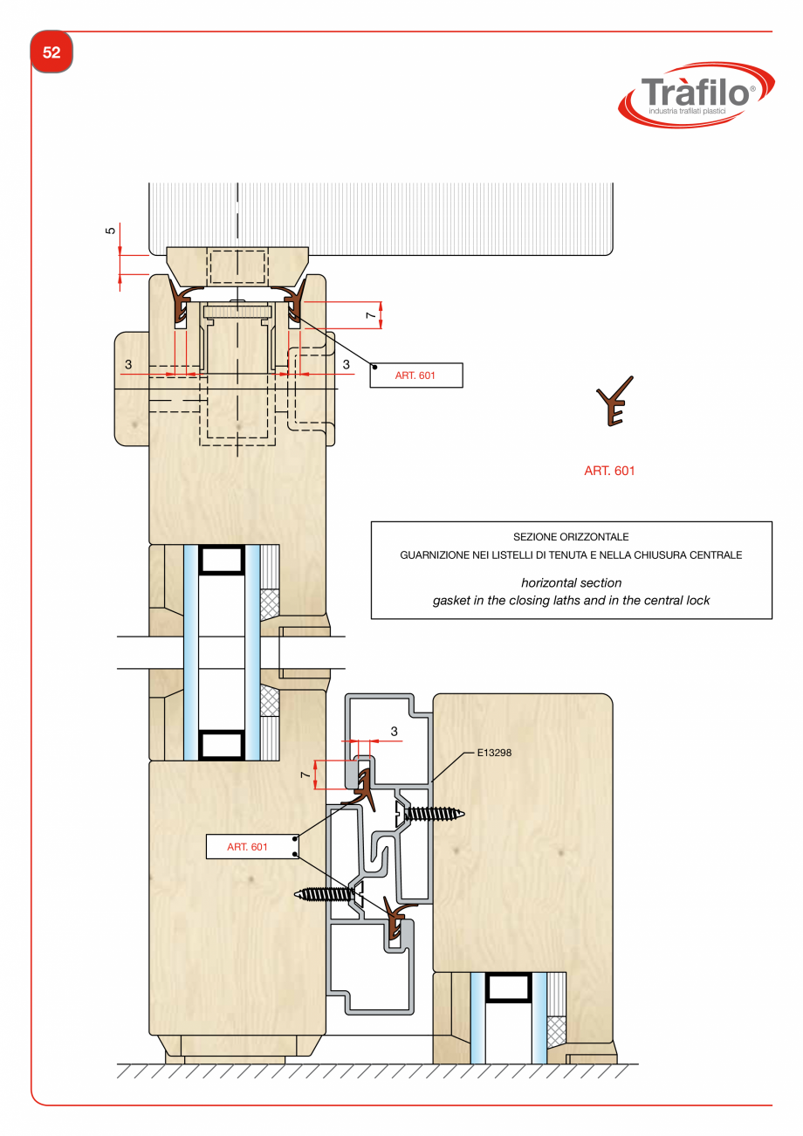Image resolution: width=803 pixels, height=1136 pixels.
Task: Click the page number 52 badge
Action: [x=51, y=52]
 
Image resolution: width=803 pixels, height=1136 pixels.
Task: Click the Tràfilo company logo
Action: [x=696, y=95]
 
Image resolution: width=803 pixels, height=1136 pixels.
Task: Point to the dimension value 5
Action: [x=110, y=231]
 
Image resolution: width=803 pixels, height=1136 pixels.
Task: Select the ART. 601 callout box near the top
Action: [x=415, y=375]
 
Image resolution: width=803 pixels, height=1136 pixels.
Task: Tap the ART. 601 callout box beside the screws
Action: [x=252, y=846]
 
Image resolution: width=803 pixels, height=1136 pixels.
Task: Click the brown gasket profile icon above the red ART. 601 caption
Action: [x=614, y=401]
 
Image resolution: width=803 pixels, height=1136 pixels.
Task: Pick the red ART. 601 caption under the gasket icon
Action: [x=609, y=471]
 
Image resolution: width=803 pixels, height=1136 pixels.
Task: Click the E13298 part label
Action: [x=494, y=753]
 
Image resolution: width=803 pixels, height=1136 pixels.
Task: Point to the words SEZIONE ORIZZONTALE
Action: [x=571, y=536]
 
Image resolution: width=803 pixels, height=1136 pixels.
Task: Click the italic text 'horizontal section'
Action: [x=572, y=582]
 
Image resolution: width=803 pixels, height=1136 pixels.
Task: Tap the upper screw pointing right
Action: [x=430, y=814]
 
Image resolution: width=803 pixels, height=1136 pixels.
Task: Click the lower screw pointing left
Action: [x=330, y=893]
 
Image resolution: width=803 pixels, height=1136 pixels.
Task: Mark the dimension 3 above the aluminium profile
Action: [x=394, y=732]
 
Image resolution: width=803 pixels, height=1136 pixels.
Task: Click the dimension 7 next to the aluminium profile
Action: [x=305, y=775]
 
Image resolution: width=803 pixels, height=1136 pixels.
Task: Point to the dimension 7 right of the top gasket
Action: [x=371, y=315]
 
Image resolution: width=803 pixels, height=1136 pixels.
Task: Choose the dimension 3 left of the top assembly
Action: [x=128, y=364]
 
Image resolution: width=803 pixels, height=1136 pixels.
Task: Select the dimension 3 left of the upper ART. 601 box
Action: [x=347, y=364]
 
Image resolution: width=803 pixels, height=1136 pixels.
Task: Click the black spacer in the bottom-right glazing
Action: [x=509, y=987]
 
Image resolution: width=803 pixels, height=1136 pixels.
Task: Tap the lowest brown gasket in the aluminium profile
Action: [x=396, y=917]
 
